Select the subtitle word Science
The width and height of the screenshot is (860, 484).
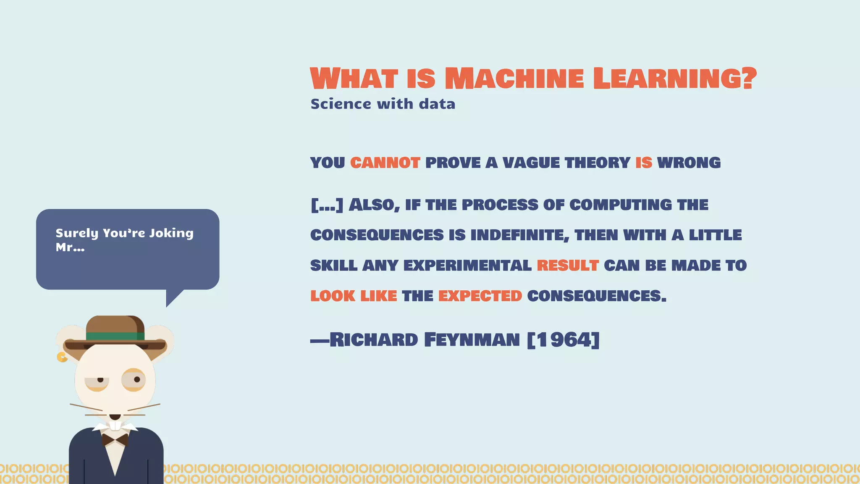pos(341,104)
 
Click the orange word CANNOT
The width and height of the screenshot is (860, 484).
pos(385,163)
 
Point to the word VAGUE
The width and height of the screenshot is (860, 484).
pos(531,163)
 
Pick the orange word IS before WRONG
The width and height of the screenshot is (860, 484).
pos(643,163)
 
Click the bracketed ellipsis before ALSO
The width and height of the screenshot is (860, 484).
pos(327,205)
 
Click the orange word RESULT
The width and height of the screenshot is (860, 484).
pos(568,266)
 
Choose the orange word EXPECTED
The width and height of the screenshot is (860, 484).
pos(480,296)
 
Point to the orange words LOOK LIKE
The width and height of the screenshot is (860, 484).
pos(354,296)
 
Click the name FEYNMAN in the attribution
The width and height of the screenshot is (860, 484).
pos(472,339)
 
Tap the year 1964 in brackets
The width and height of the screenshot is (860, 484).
pos(563,339)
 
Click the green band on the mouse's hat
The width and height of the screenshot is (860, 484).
pos(115,336)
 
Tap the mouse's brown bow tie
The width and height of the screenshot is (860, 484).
pos(115,440)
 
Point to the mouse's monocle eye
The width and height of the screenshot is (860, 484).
pos(134,380)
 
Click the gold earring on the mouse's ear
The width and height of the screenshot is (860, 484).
pos(62,358)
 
